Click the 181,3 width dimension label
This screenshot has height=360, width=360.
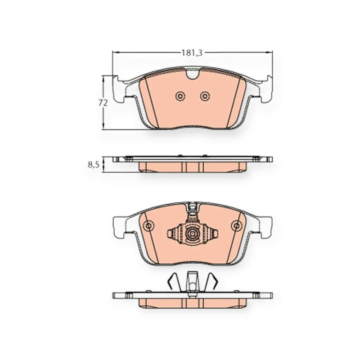click(192, 53)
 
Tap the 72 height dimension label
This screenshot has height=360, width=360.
click(103, 103)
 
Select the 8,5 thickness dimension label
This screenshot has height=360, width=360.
click(94, 165)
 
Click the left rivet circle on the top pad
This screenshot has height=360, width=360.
click(180, 96)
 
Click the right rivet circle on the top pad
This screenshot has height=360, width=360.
click(205, 96)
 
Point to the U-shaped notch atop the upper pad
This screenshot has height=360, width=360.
click(193, 73)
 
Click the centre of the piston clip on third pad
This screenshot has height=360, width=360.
click(193, 234)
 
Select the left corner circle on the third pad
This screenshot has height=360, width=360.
click(148, 226)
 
